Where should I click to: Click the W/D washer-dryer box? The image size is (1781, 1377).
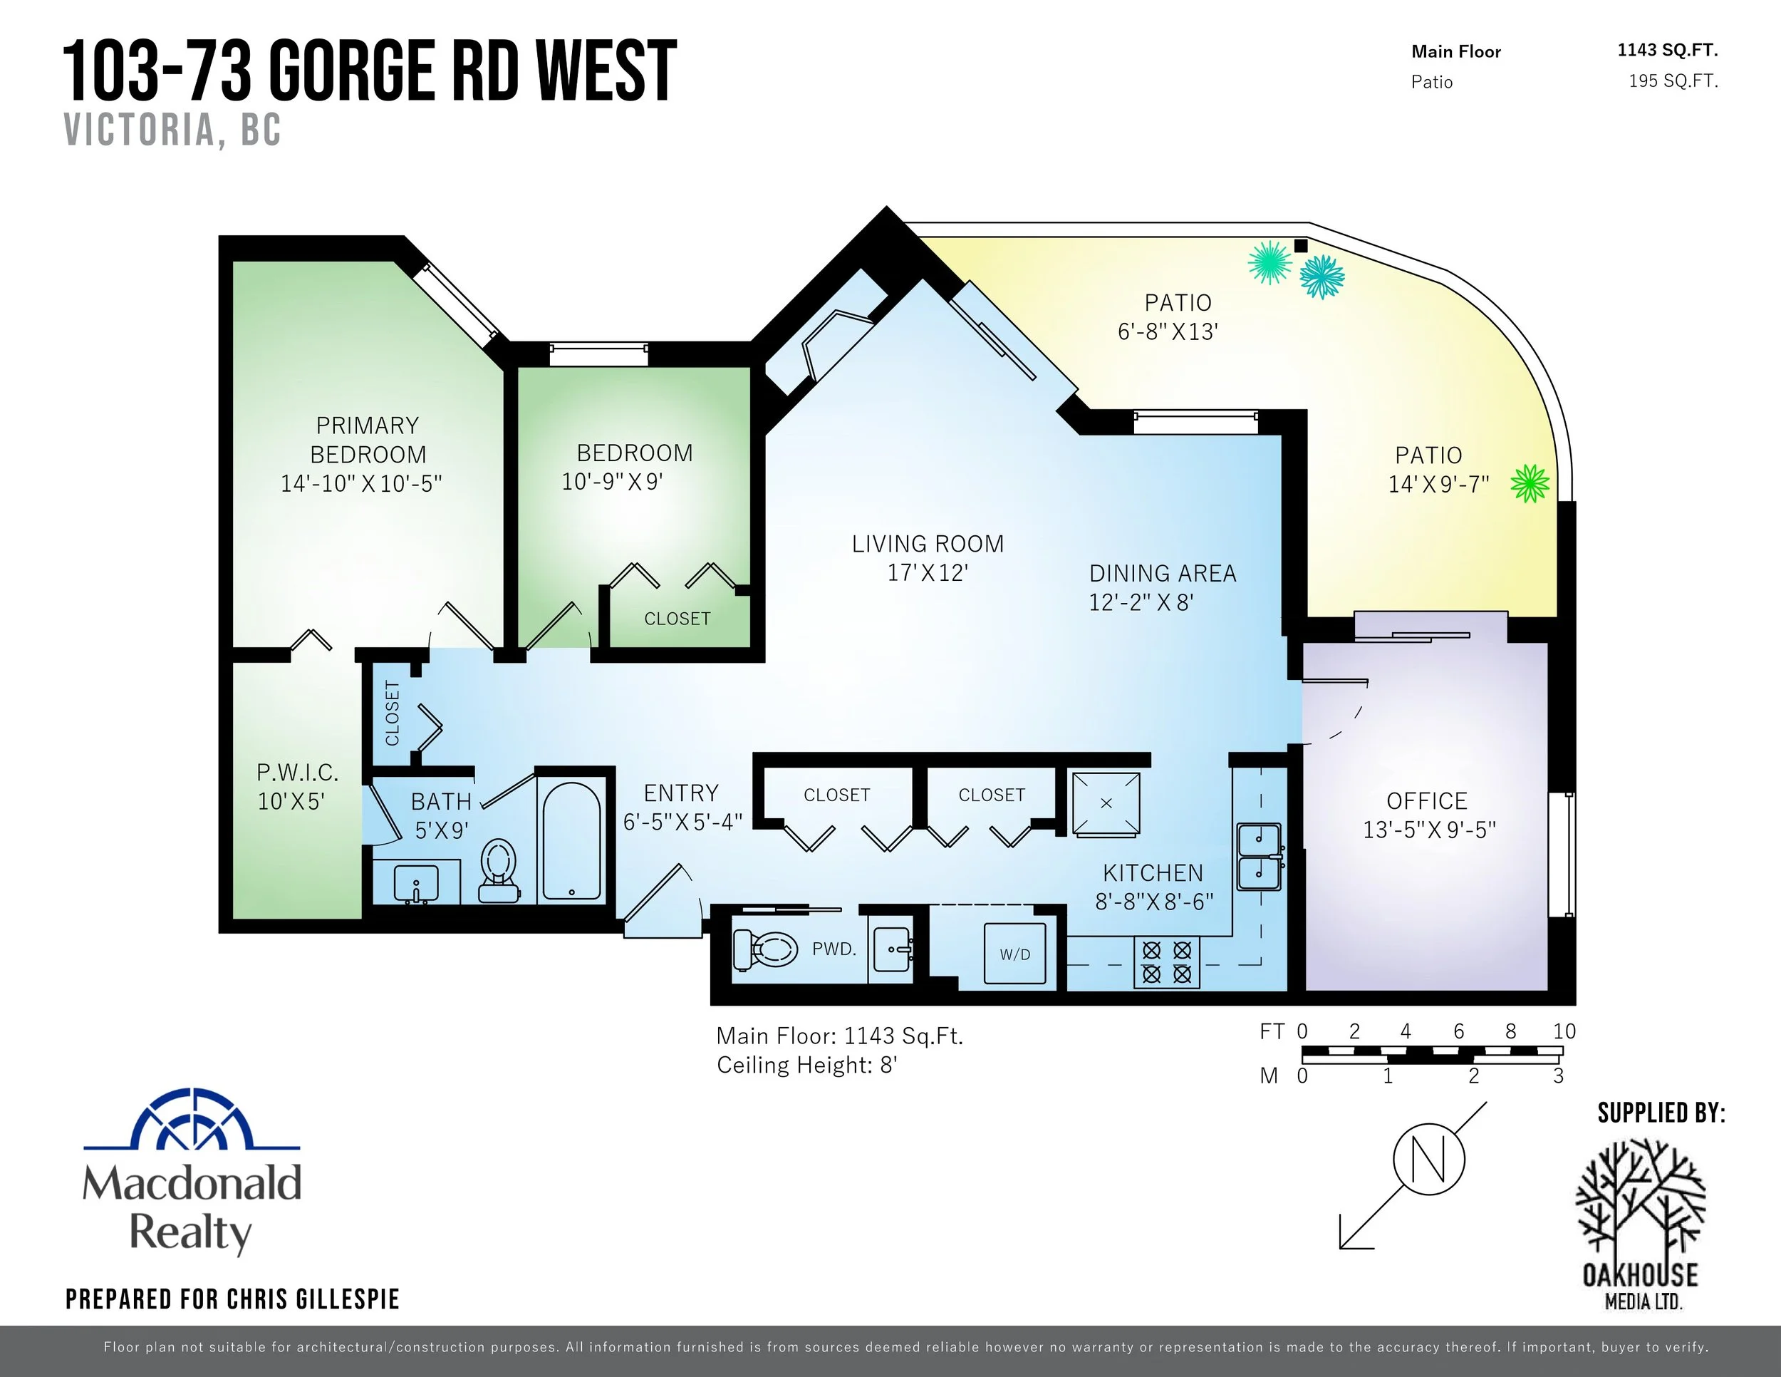(1015, 954)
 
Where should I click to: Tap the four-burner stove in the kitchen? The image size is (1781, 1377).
(1166, 961)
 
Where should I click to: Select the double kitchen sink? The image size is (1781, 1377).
(1259, 857)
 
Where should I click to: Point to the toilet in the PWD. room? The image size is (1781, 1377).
(765, 949)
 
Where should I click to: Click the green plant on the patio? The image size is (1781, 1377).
(1530, 484)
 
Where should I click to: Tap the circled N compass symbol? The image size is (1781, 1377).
(1428, 1159)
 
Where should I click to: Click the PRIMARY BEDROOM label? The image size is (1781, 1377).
(368, 440)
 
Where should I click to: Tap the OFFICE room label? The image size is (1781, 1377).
(1427, 801)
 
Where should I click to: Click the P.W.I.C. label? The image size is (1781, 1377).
(297, 773)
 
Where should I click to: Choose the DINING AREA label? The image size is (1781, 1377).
(1163, 574)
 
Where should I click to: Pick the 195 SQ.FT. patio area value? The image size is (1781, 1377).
(1673, 81)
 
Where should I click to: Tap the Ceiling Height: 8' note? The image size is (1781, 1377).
(807, 1066)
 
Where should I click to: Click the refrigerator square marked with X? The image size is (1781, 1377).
(1106, 803)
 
